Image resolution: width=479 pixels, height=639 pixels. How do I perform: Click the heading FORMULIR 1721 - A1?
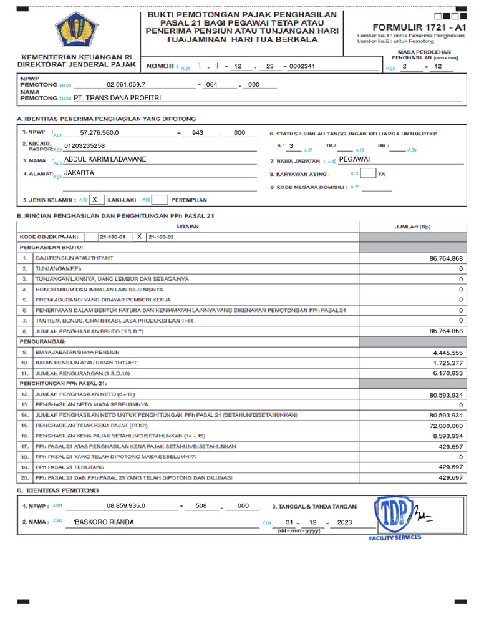coord(419,27)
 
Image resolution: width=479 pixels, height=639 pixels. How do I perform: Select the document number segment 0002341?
coord(302,66)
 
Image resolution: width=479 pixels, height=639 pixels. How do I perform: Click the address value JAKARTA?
coord(79,173)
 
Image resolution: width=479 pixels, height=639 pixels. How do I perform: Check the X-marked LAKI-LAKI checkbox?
coord(95,200)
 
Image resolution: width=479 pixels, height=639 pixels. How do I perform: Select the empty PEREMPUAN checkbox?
coord(160,200)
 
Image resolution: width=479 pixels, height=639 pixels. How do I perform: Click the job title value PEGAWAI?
coord(354,160)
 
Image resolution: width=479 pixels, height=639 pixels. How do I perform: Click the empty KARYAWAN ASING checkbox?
coord(368,173)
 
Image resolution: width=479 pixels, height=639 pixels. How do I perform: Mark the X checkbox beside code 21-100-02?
coord(140,237)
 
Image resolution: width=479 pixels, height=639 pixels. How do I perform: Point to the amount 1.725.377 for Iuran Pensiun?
coord(447,363)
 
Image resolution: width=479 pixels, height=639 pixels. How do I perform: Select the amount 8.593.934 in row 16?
coord(447,436)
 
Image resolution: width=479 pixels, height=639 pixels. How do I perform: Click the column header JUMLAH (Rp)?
coord(412,227)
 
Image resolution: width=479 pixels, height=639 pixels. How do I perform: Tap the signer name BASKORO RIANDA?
coord(104,522)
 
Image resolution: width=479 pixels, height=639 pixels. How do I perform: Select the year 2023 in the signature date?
coord(344,522)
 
